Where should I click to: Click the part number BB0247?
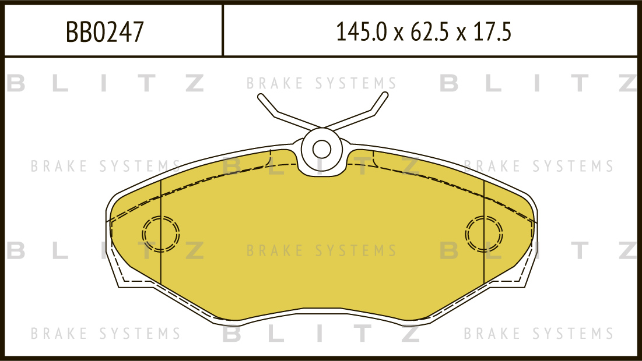105,32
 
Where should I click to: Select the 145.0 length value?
361,32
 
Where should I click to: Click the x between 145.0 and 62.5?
399,34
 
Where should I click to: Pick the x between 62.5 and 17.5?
461,34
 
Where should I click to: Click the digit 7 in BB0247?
138,32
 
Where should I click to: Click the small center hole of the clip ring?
322,149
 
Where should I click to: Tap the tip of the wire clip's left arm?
261,97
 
